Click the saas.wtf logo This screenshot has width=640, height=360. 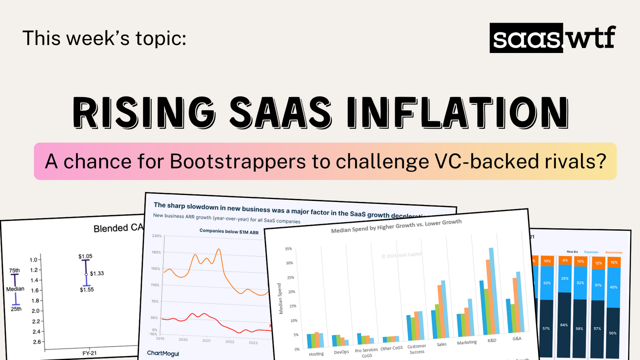coord(552,38)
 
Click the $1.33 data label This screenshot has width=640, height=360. coord(97,273)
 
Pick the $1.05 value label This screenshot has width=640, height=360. coord(85,256)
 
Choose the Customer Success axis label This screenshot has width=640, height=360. coord(417,349)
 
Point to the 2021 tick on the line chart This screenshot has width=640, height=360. coord(207,341)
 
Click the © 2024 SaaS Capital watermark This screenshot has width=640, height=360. coord(403,256)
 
